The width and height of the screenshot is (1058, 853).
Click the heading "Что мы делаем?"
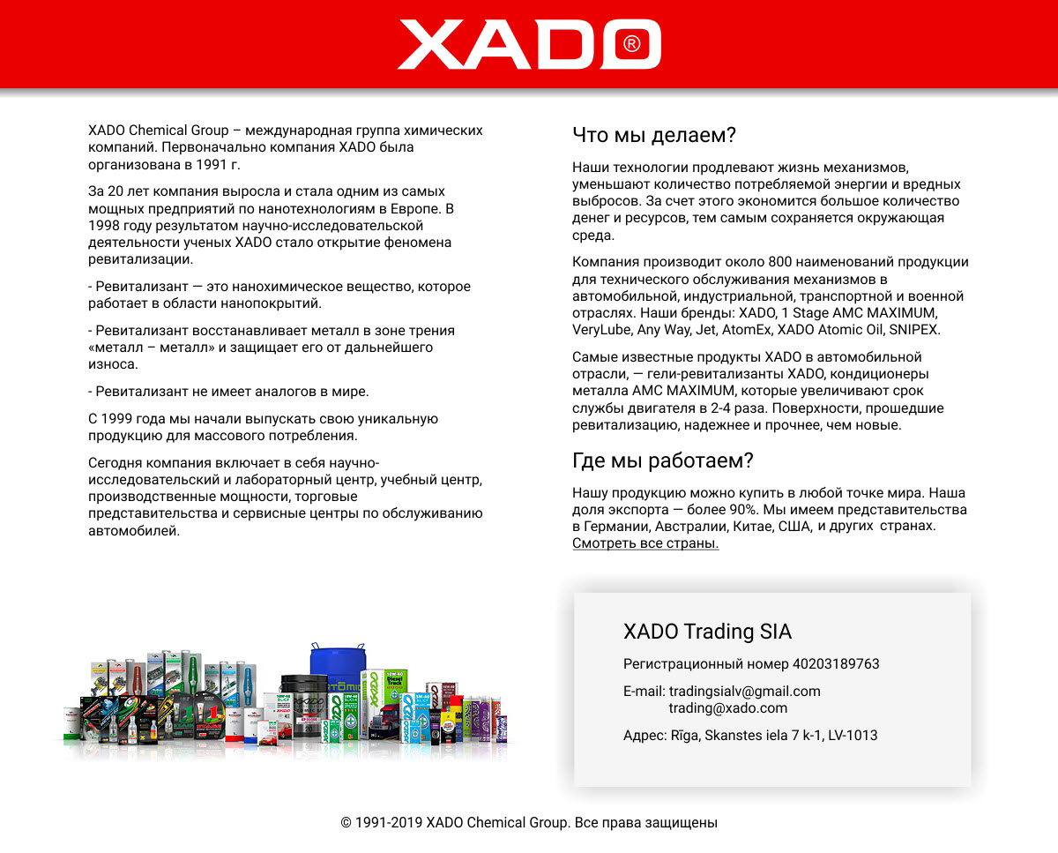[x=653, y=135]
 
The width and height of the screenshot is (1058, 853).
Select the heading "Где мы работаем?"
[x=662, y=460]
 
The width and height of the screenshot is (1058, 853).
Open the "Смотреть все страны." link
[x=645, y=543]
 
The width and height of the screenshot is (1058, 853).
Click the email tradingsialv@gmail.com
[x=744, y=692]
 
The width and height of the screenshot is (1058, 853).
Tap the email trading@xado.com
[x=727, y=708]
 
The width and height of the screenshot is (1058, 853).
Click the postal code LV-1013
[x=853, y=736]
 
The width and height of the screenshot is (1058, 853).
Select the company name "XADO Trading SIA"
[x=707, y=632]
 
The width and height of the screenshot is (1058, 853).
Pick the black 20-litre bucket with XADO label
[x=303, y=706]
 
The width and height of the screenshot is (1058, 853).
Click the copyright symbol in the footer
[x=346, y=823]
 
